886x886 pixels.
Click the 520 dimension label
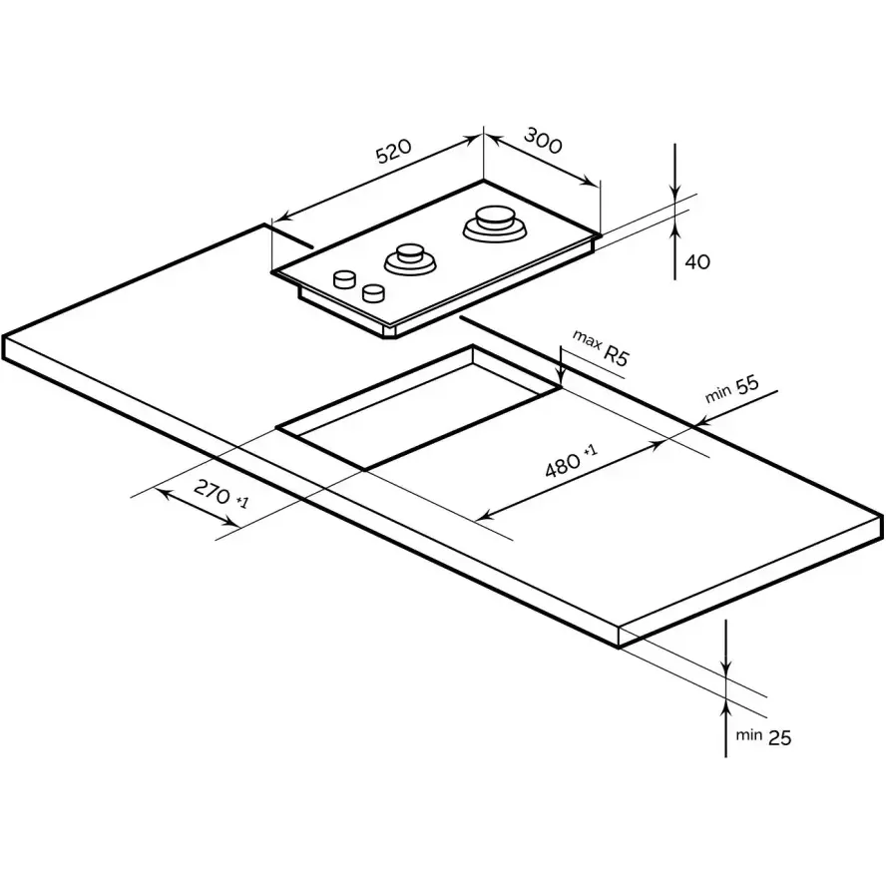[394, 151]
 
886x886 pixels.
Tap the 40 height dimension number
[697, 261]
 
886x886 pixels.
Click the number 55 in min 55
[747, 385]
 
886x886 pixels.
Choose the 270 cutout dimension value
[212, 492]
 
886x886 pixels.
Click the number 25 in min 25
[780, 737]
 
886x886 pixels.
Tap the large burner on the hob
[495, 224]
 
